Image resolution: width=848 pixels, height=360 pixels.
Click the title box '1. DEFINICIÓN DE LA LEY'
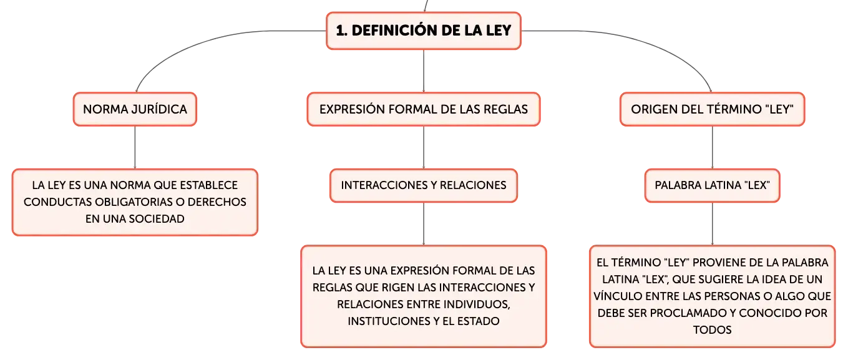point(424,31)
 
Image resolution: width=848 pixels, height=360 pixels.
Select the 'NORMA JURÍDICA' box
point(135,109)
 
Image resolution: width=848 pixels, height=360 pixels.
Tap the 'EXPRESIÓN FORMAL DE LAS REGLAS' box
point(424,109)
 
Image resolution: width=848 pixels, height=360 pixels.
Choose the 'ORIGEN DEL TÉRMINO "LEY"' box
point(712,109)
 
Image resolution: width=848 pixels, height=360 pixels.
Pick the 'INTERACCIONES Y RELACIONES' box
point(424,185)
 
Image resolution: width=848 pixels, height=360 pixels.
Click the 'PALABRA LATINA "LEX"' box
point(712,185)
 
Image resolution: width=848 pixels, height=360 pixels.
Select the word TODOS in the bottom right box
point(712,329)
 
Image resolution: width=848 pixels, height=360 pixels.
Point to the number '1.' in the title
point(341,31)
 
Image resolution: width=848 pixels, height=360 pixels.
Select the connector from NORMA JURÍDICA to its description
point(135,147)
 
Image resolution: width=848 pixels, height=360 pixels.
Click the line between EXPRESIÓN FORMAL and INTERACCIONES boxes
point(424,147)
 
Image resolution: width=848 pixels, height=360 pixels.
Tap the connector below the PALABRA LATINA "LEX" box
point(712,224)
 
